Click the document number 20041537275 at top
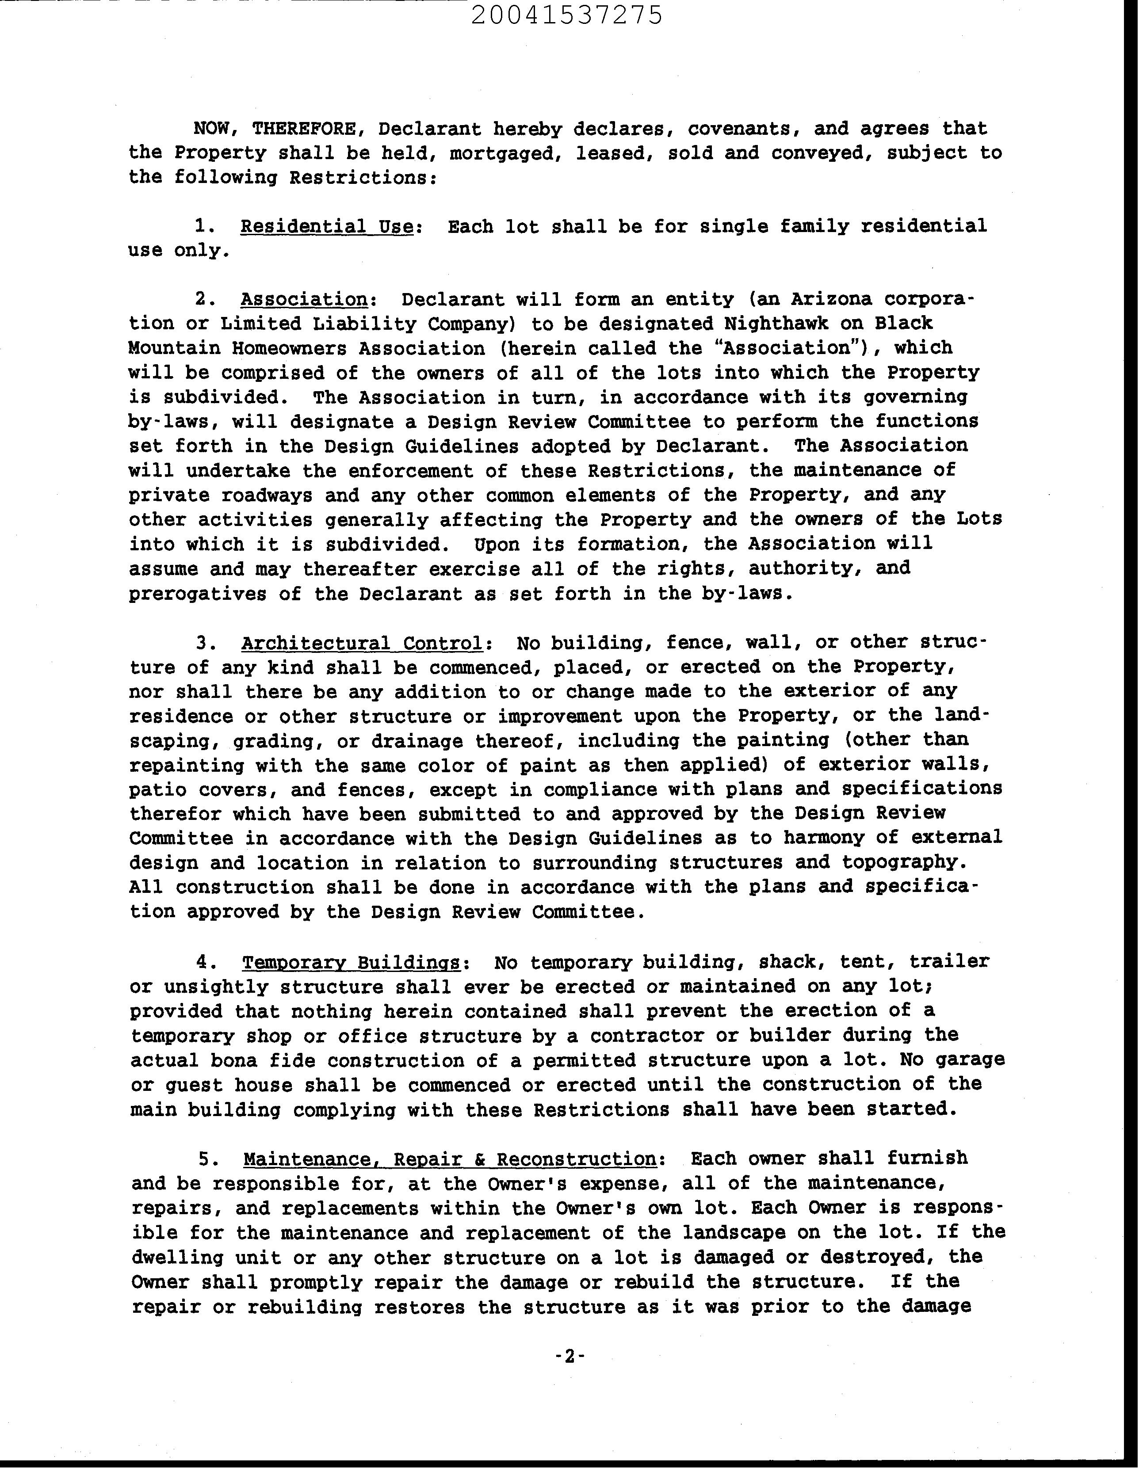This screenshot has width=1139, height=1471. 567,15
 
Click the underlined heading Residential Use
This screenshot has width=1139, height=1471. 327,226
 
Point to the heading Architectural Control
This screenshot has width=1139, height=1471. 362,643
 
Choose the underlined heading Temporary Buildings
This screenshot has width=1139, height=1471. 352,962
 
